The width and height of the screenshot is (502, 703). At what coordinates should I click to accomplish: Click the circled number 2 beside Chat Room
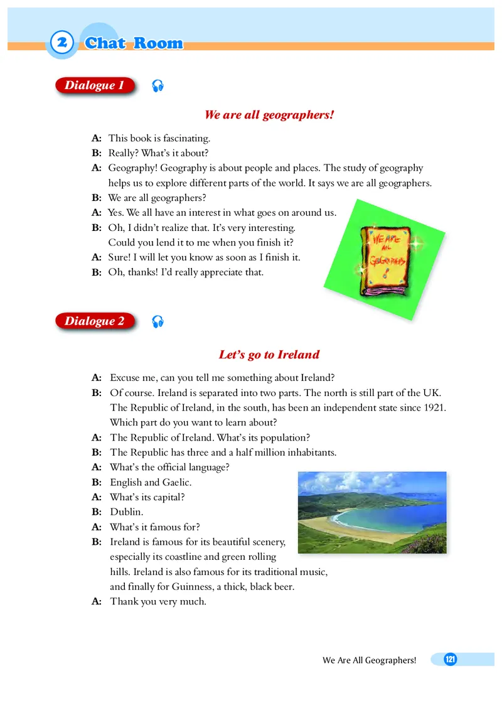(61, 43)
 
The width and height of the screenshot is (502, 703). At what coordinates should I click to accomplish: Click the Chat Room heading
(134, 43)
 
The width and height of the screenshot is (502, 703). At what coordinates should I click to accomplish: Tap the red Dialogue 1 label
(95, 85)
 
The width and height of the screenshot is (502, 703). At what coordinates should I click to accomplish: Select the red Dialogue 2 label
(95, 321)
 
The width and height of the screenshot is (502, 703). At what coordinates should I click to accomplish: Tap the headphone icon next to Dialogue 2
(158, 322)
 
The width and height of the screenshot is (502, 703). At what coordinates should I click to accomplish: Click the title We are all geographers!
(269, 115)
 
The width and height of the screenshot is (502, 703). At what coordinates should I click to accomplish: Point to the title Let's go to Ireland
(269, 355)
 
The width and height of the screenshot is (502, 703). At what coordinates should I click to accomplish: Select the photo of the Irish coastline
(371, 512)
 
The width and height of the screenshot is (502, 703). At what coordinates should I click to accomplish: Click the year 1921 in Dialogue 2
(434, 408)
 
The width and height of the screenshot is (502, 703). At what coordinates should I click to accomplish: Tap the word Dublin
(127, 512)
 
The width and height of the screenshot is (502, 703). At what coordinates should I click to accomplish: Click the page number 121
(450, 659)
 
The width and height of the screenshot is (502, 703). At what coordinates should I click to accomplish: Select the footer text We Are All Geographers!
(370, 660)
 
